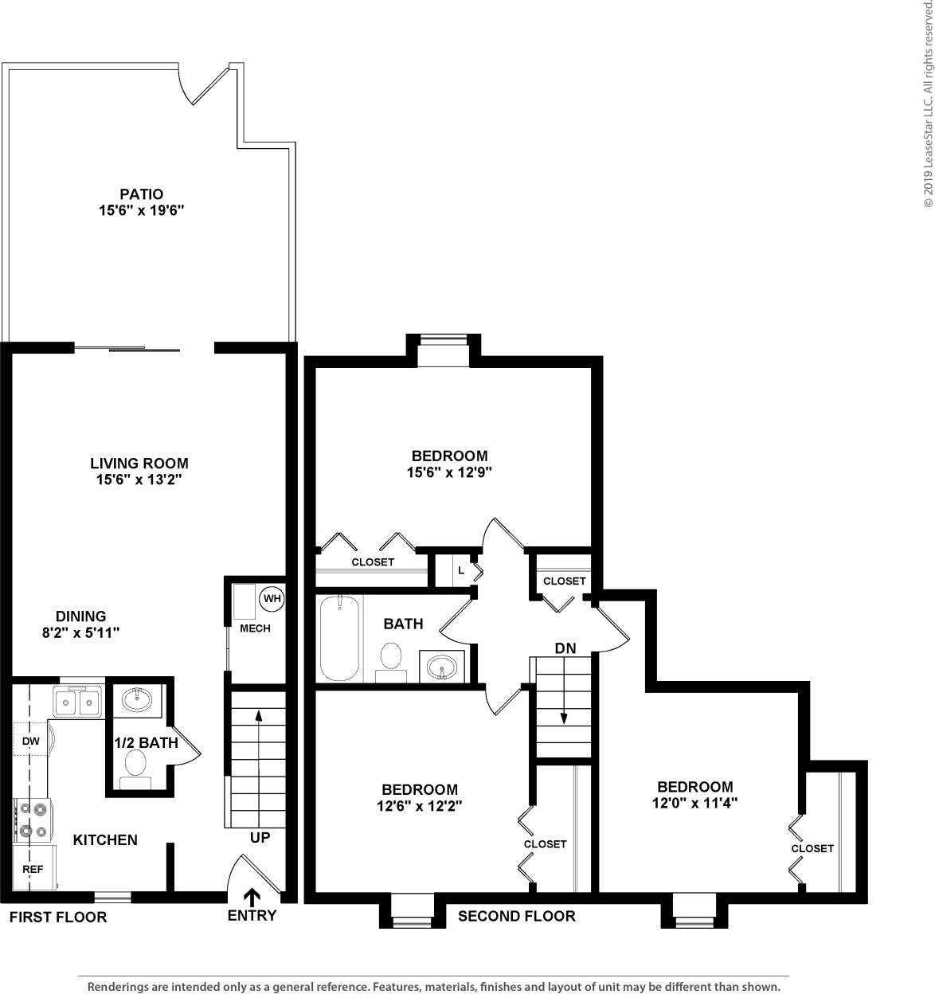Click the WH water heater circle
(272, 598)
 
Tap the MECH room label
(255, 628)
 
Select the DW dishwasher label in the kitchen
(30, 742)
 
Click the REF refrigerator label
(33, 869)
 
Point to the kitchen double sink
(77, 702)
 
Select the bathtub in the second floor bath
(340, 639)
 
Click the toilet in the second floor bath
(390, 660)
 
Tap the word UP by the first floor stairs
(260, 838)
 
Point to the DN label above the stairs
(565, 648)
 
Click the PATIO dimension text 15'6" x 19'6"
(141, 210)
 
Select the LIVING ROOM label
(139, 463)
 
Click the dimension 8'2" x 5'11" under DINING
(80, 632)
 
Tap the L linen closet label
(461, 570)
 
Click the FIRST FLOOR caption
(57, 917)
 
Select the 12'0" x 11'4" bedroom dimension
(694, 803)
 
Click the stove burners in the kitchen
(32, 820)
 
